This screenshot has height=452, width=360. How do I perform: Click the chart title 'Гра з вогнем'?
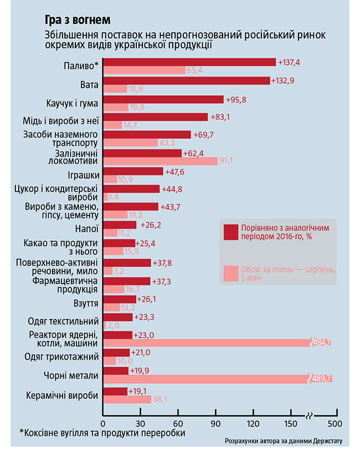click(78, 20)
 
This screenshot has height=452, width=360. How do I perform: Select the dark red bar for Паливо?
click(189, 62)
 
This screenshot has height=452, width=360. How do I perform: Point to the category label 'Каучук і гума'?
click(72, 104)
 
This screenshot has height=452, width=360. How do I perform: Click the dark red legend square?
click(230, 232)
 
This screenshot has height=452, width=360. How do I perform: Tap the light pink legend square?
click(230, 273)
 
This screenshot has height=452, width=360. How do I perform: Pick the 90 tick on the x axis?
click(215, 424)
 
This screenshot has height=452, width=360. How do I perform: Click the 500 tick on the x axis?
click(334, 424)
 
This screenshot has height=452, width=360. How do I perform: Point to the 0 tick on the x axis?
click(103, 424)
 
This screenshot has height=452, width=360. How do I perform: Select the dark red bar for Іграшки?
click(133, 171)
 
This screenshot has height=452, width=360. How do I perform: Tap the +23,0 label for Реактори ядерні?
click(146, 335)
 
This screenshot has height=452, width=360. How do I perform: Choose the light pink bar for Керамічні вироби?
click(127, 399)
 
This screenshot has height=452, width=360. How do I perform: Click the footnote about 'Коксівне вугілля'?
click(102, 433)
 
